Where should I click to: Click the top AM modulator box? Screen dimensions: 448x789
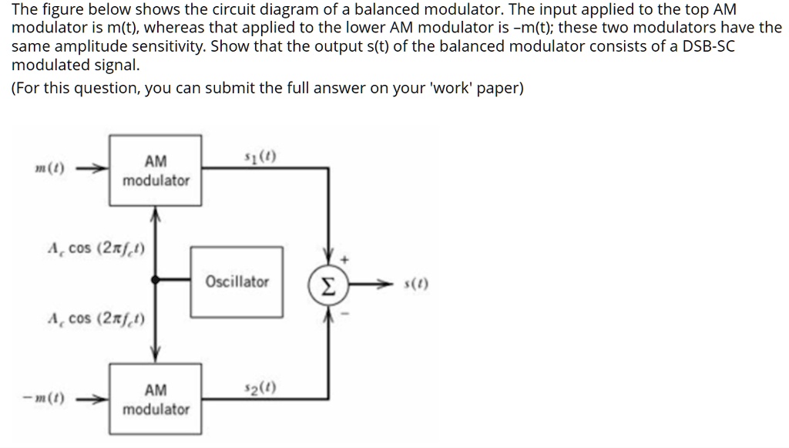156,170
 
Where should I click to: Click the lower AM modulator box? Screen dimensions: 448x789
156,399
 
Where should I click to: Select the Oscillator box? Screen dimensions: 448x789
237,282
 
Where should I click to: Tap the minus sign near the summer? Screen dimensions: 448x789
345,315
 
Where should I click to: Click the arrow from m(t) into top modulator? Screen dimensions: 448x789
92,170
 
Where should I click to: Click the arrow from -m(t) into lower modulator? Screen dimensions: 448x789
92,399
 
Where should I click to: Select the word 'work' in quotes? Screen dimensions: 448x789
420,88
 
